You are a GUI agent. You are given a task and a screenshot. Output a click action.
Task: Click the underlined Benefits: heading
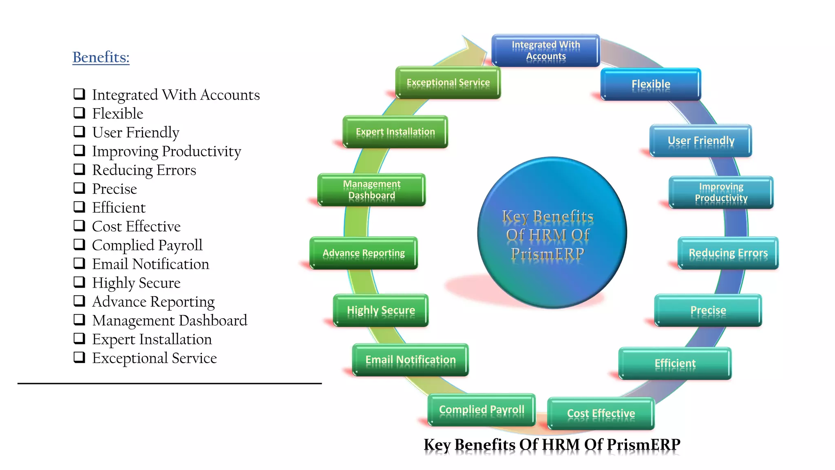[x=101, y=57]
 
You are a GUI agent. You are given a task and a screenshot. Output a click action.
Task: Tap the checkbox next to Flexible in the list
[x=79, y=113]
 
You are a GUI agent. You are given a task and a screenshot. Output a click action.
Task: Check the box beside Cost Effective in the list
[x=79, y=226]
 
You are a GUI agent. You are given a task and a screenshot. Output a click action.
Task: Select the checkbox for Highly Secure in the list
[x=79, y=282]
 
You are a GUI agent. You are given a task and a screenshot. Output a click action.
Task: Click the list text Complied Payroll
[x=147, y=245]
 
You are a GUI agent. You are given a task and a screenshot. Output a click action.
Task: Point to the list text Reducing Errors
[x=144, y=170]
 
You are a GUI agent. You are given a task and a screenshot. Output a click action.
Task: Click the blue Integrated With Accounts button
[x=546, y=50]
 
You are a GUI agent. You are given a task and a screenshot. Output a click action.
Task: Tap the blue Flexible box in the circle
[x=651, y=84]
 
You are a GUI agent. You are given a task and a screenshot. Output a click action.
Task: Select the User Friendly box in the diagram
[x=700, y=141]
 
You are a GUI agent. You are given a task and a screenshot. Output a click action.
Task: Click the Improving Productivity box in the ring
[x=721, y=192]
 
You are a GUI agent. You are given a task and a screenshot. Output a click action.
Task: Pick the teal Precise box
[x=708, y=310]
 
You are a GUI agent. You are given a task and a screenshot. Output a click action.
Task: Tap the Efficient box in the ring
[x=675, y=363]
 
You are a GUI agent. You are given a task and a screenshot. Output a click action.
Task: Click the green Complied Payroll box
[x=481, y=410]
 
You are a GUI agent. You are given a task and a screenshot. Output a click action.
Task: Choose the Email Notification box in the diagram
[x=410, y=360]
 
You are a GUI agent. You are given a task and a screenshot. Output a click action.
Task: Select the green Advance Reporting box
[x=363, y=253]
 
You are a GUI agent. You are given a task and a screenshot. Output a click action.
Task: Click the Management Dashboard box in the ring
[x=371, y=190]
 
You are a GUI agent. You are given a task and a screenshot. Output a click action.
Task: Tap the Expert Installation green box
[x=395, y=132]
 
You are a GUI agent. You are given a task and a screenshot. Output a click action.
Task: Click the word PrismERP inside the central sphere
[x=548, y=253]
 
